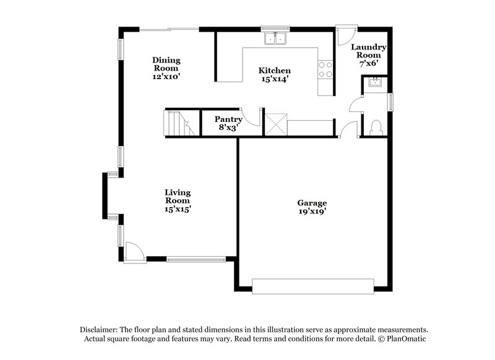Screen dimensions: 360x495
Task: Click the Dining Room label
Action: point(166,64)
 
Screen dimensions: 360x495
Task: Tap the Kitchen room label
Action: point(274,71)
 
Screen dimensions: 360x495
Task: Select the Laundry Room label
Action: point(369,51)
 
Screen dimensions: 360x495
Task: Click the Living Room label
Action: point(177,196)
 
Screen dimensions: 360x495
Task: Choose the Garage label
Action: point(312,203)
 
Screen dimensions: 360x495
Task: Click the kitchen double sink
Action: point(276,38)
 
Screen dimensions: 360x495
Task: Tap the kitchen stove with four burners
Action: point(325,69)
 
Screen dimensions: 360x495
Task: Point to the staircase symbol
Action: point(176,123)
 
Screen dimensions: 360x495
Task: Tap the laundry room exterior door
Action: point(344,35)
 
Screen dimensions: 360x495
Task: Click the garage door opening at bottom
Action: point(313,286)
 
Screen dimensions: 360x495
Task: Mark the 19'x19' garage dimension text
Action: point(312,212)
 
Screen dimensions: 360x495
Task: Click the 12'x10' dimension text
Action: point(166,77)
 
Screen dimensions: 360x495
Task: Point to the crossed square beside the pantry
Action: point(275,122)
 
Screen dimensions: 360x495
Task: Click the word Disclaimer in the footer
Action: point(100,330)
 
